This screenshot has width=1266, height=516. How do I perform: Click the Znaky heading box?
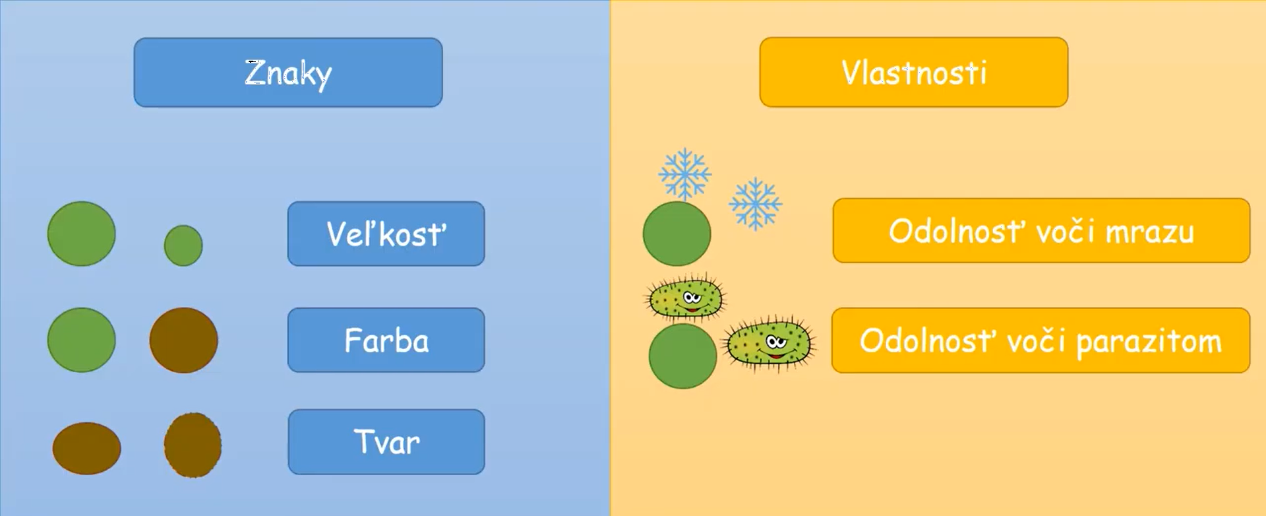288,73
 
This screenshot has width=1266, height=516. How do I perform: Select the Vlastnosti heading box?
914,73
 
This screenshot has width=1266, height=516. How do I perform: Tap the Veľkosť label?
386,234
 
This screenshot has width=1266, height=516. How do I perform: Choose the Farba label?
386,340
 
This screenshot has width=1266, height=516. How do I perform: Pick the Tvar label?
386,442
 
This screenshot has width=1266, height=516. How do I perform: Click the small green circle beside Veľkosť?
183,245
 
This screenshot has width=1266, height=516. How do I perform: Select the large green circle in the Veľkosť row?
82,234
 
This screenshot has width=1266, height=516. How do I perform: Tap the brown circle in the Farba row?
183,340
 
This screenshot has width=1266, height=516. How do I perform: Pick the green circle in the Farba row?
82,340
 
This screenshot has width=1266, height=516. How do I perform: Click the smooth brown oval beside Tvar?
86,448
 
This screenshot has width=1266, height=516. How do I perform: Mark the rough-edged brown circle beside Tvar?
193,445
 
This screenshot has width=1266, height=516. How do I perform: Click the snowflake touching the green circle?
685,174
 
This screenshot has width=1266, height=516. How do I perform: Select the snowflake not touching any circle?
756,204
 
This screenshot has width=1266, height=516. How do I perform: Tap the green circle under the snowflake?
677,234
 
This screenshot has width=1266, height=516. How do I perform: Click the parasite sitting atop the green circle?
685,299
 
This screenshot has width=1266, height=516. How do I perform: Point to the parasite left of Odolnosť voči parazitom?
769,343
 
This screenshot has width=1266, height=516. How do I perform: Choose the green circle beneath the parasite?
682,356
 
